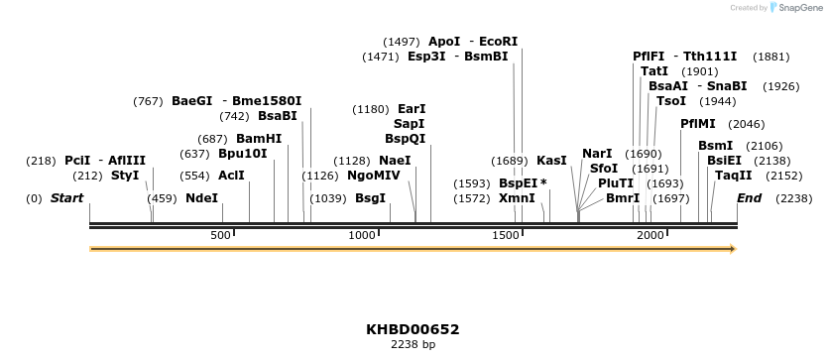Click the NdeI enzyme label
click(x=201, y=198)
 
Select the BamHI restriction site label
click(x=259, y=139)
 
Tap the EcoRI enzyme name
click(x=499, y=42)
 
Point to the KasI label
click(x=551, y=161)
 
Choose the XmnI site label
click(x=517, y=198)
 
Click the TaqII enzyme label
click(x=733, y=176)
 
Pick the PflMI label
click(x=698, y=124)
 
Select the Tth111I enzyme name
click(x=710, y=57)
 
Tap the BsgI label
click(x=370, y=198)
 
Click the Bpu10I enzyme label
click(x=243, y=154)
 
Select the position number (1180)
click(x=372, y=109)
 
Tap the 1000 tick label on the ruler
click(x=363, y=235)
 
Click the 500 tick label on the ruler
click(x=220, y=235)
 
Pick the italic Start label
click(x=66, y=198)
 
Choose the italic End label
click(x=749, y=198)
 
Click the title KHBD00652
click(x=413, y=329)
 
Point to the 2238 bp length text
click(x=413, y=345)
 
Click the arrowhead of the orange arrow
click(x=733, y=249)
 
